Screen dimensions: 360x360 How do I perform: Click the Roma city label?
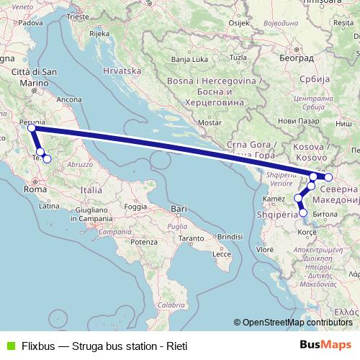[x=35, y=189]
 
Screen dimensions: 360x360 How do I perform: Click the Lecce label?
[x=221, y=254]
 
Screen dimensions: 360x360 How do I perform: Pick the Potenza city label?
[x=144, y=241]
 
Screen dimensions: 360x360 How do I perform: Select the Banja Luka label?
[x=190, y=59]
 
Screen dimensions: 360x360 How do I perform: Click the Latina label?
[x=49, y=206]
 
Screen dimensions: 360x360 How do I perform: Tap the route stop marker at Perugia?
[x=32, y=128]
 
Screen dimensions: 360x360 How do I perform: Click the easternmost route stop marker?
[x=328, y=177]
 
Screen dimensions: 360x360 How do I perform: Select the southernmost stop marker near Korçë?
[x=303, y=212]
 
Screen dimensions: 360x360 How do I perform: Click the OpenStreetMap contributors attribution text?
[x=297, y=323]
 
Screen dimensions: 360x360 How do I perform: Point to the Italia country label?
[x=91, y=190]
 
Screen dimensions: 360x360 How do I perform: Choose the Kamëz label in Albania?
[x=275, y=198]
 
